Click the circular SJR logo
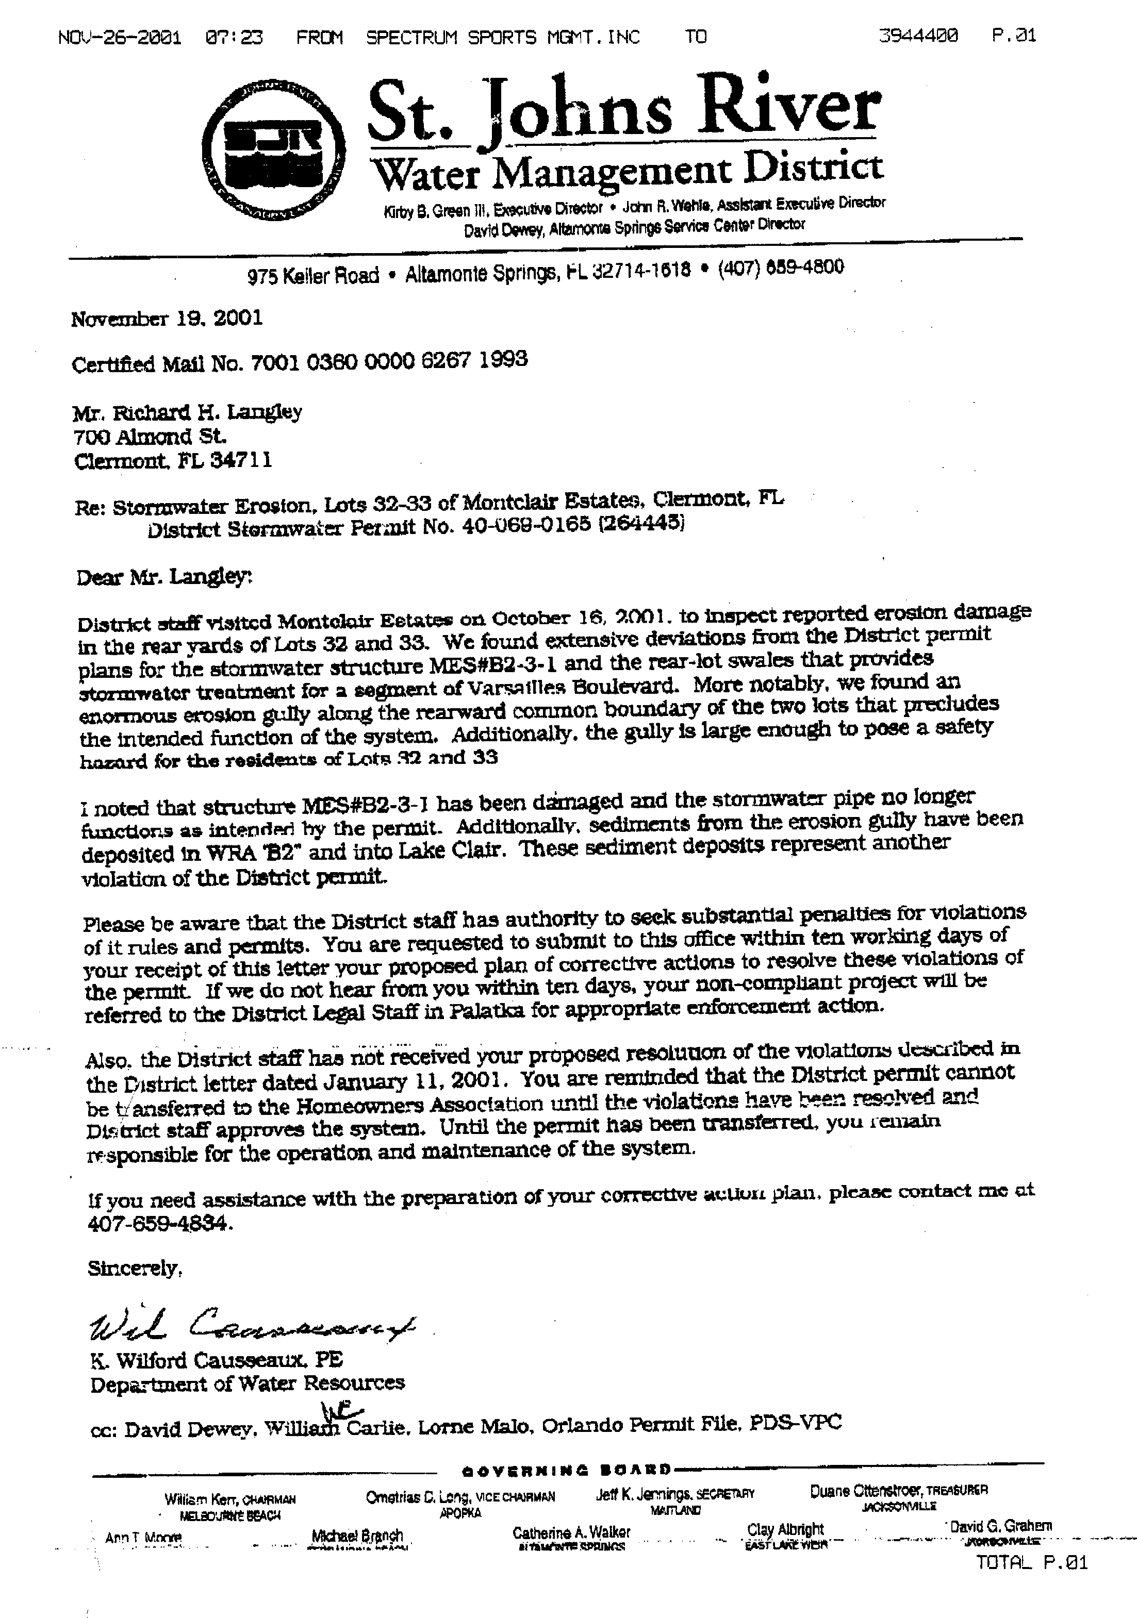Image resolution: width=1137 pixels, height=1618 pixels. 273,152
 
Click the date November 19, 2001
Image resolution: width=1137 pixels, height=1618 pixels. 167,319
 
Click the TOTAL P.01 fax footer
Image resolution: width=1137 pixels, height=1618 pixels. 1031,1563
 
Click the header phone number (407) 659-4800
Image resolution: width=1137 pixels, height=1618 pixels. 780,269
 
